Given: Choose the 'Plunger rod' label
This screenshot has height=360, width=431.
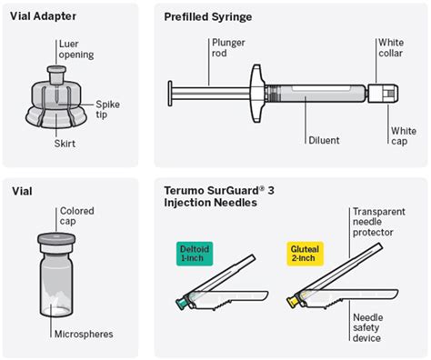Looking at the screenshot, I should coord(228,48).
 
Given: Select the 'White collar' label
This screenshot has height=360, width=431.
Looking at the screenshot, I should coord(392,48).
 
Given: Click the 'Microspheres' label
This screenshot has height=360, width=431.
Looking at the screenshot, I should coord(83,335).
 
